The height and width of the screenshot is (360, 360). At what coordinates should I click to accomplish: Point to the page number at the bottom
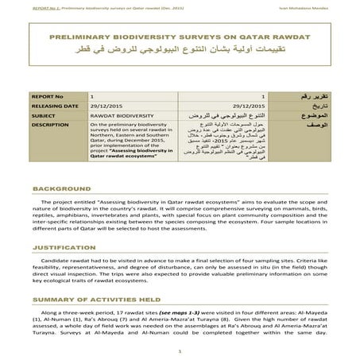pos(180,348)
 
